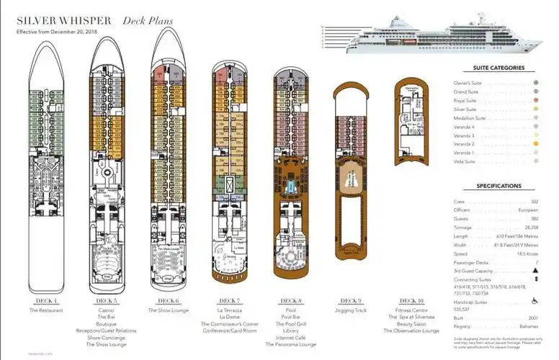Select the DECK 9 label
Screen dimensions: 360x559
click(351, 300)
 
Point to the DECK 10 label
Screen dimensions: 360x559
click(413, 300)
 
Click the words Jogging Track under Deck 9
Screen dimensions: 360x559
click(351, 310)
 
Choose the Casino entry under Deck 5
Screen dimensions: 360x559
click(106, 310)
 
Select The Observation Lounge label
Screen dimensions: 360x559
click(413, 330)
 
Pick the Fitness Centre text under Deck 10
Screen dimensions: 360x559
click(413, 310)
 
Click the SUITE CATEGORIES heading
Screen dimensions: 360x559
click(498, 68)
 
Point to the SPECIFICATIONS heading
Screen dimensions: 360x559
click(498, 186)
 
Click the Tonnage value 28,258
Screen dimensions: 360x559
click(530, 225)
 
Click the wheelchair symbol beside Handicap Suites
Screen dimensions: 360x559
click(535, 301)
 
